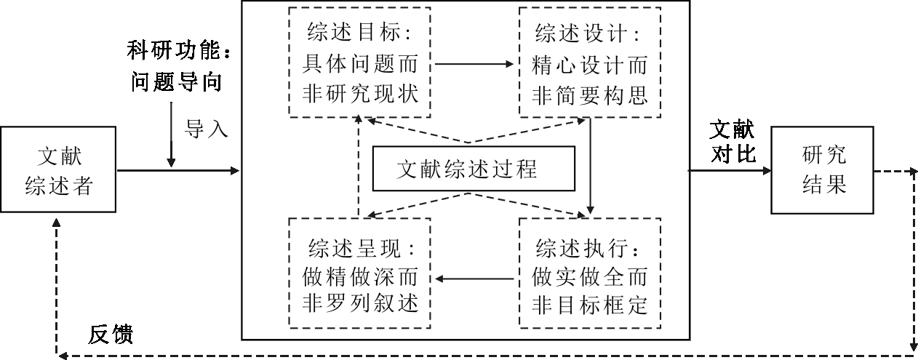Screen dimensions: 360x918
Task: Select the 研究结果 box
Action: (823, 170)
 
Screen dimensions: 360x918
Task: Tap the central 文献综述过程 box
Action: (474, 169)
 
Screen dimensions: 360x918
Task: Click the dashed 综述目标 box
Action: (359, 62)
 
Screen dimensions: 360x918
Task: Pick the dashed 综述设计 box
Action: (589, 62)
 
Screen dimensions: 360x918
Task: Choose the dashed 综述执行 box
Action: (589, 273)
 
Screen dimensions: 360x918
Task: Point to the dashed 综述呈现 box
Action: (359, 273)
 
